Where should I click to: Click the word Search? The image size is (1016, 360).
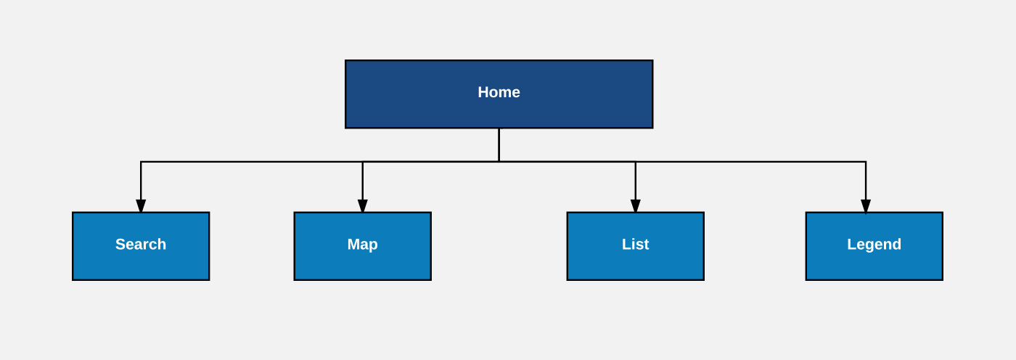tap(141, 245)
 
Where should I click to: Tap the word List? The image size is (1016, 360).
tap(635, 245)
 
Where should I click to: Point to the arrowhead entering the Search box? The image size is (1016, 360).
tap(141, 206)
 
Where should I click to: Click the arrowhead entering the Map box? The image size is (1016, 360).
tap(363, 206)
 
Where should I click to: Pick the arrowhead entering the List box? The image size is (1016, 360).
tap(636, 206)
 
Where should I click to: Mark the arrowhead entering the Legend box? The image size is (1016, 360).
tap(866, 206)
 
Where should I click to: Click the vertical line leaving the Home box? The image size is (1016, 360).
tap(499, 144)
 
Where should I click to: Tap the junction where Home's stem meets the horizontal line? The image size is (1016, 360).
tap(499, 162)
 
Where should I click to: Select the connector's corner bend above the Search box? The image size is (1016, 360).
tap(141, 162)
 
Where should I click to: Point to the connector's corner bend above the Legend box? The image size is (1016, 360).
tap(866, 162)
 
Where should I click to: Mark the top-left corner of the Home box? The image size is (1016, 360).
tap(346, 61)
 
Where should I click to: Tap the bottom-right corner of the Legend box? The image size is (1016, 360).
tap(942, 279)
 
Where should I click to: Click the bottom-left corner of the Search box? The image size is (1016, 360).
tap(73, 279)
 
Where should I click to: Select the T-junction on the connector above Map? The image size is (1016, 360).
tap(363, 162)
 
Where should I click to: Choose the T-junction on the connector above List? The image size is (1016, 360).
tap(636, 162)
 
